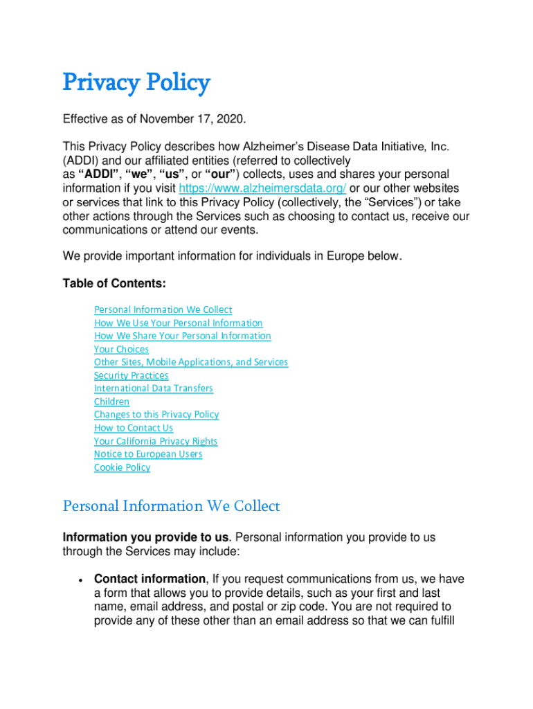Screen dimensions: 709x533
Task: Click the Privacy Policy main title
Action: click(x=136, y=83)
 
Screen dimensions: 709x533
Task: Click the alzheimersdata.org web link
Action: click(x=262, y=188)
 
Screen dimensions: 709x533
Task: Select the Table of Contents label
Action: click(x=114, y=283)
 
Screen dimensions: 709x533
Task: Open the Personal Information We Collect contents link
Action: click(x=163, y=309)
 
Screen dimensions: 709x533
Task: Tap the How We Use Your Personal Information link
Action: click(x=178, y=323)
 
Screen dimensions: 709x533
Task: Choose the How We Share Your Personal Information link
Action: click(x=182, y=336)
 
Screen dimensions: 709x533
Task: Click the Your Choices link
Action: click(x=121, y=349)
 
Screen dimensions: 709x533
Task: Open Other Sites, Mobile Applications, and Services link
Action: click(x=191, y=362)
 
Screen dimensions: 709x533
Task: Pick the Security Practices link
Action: click(x=131, y=375)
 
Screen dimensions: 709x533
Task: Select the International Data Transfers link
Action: click(x=153, y=388)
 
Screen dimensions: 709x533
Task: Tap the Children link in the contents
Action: click(x=111, y=402)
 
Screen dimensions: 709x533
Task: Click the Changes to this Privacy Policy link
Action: click(x=156, y=415)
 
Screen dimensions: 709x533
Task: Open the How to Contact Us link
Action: click(x=134, y=428)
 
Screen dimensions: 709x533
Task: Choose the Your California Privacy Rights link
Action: click(x=156, y=441)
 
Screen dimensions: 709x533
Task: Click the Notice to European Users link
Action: click(x=148, y=454)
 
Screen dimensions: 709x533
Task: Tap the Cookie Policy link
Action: click(x=122, y=467)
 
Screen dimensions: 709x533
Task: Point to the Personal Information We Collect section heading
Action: click(x=171, y=506)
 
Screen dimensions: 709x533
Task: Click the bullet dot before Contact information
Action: click(x=82, y=580)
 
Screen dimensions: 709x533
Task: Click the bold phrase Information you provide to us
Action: click(x=146, y=537)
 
